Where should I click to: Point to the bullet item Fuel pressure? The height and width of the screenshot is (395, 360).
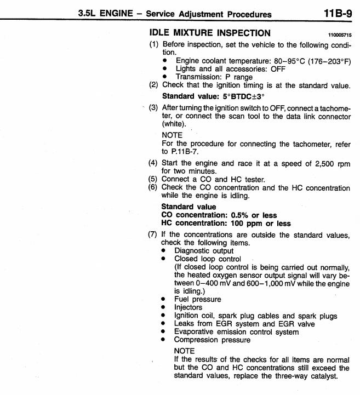point(198,299)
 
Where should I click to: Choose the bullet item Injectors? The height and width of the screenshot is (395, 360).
point(189,307)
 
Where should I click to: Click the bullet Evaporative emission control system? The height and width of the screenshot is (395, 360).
point(237,331)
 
